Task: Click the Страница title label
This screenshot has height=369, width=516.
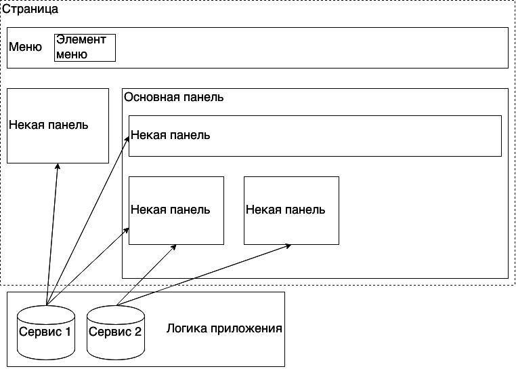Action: click(x=30, y=9)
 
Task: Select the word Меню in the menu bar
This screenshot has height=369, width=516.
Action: click(x=26, y=47)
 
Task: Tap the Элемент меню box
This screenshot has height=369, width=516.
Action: click(x=85, y=47)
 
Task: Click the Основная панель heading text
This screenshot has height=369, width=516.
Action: click(x=174, y=96)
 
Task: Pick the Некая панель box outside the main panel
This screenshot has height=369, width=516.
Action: click(x=58, y=125)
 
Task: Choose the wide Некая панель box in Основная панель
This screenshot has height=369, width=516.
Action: click(x=315, y=136)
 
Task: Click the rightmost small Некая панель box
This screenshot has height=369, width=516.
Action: click(x=291, y=210)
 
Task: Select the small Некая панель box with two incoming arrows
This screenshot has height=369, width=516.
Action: click(x=176, y=210)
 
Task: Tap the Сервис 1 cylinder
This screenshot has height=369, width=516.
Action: click(x=45, y=332)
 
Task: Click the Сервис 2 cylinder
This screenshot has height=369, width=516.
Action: click(x=116, y=332)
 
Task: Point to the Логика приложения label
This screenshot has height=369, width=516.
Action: click(x=224, y=329)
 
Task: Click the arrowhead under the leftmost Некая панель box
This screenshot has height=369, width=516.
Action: click(x=58, y=167)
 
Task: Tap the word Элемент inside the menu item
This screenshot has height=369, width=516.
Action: click(x=81, y=39)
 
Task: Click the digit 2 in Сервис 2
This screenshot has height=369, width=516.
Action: click(x=138, y=332)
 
